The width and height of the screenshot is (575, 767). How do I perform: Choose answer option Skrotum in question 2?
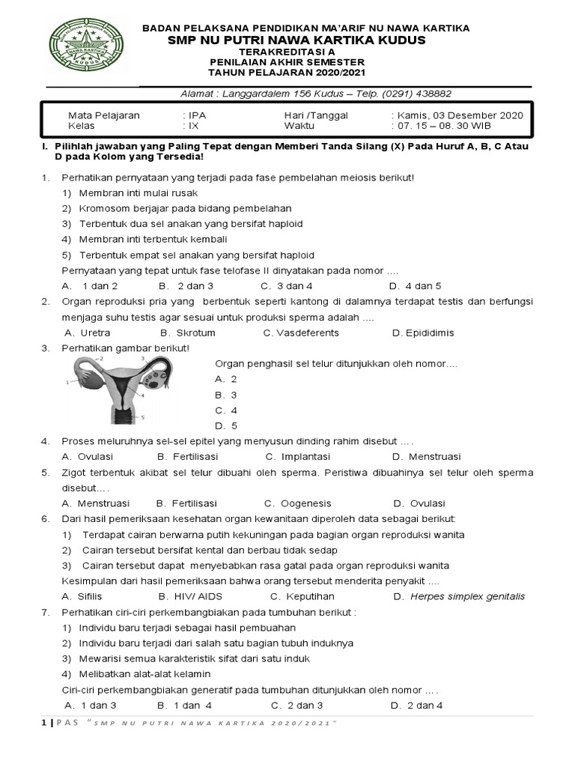(x=195, y=333)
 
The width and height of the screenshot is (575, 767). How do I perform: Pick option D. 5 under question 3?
(x=226, y=426)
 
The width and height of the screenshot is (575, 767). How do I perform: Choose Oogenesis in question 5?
(x=305, y=503)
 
